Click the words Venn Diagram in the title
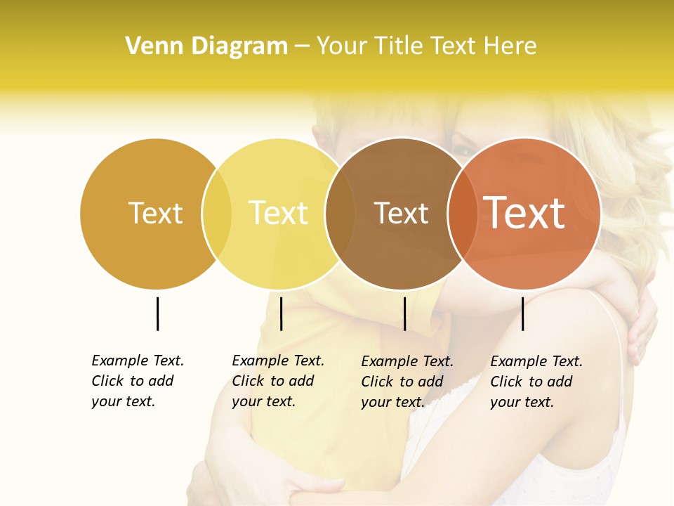(x=206, y=46)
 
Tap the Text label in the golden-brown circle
(x=155, y=213)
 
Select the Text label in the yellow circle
(x=279, y=213)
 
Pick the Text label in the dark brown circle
(x=401, y=213)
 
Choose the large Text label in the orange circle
(x=524, y=212)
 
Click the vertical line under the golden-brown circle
(x=157, y=313)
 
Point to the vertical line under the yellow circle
(x=281, y=313)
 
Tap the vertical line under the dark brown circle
(x=404, y=313)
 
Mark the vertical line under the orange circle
(x=522, y=313)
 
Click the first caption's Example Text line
(x=138, y=361)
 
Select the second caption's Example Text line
(x=278, y=361)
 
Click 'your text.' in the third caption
(x=393, y=402)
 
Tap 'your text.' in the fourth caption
(x=522, y=402)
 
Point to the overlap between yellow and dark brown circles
(x=340, y=214)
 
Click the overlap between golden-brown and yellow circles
(x=217, y=214)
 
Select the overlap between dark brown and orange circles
(x=462, y=214)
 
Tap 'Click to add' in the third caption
(x=402, y=382)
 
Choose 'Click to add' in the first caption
(x=133, y=381)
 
